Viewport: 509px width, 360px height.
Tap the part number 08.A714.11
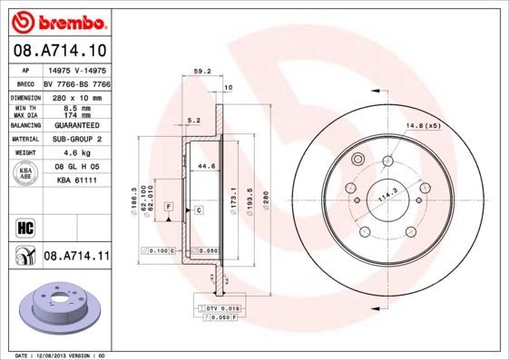click(76, 257)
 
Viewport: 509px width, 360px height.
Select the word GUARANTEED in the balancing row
click(76, 125)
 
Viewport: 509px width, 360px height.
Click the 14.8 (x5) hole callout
click(423, 124)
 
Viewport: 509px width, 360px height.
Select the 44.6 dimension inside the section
click(207, 166)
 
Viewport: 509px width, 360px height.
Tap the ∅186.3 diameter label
click(134, 199)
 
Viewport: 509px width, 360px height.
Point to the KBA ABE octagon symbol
click(26, 174)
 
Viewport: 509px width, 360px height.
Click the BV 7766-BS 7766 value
click(76, 82)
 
